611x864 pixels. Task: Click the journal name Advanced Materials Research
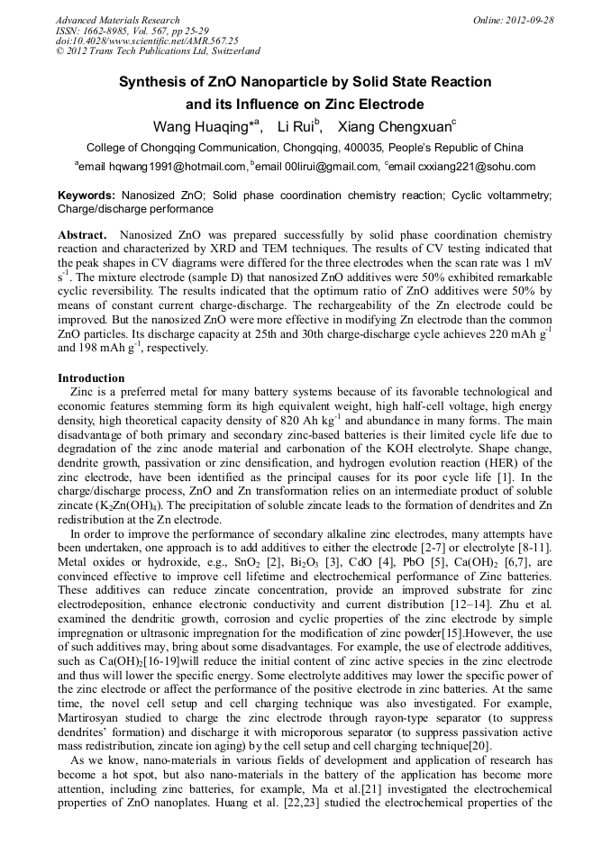(x=117, y=20)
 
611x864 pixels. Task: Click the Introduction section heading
(x=91, y=377)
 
